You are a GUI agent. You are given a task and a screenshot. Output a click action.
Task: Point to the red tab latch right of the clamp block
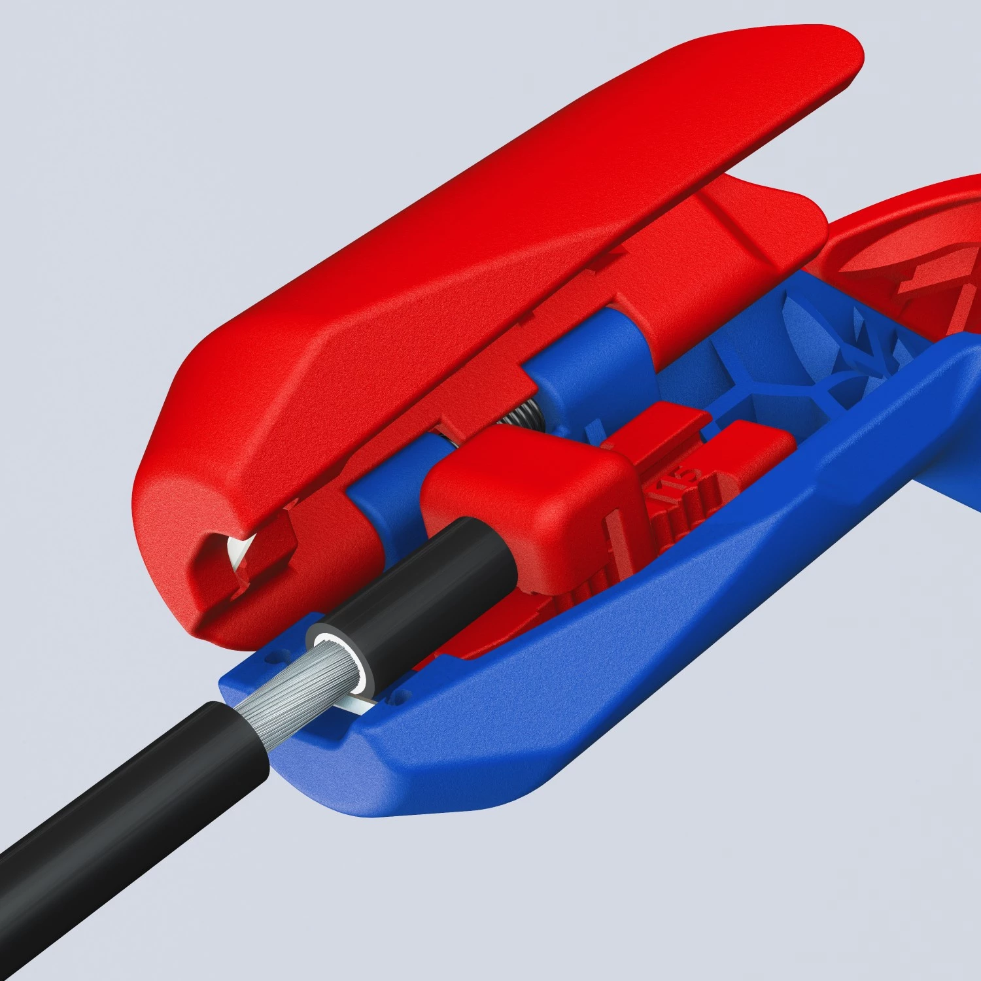point(752,451)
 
